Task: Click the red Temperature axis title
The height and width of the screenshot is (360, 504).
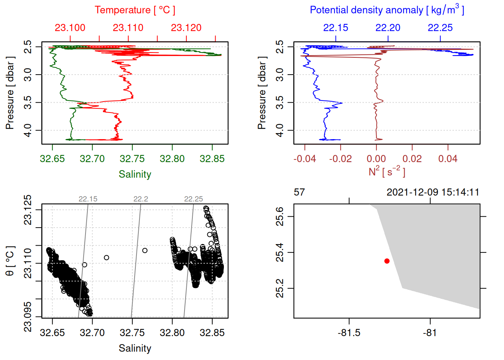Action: click(x=135, y=10)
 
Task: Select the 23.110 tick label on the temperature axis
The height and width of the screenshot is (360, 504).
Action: click(x=128, y=28)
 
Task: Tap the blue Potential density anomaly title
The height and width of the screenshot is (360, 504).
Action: click(x=387, y=10)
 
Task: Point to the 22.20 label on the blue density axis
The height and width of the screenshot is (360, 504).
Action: click(x=388, y=28)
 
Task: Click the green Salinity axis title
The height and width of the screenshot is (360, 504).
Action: click(x=135, y=174)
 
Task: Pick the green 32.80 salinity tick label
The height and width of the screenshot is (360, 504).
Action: click(x=172, y=159)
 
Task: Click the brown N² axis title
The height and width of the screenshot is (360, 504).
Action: click(x=387, y=171)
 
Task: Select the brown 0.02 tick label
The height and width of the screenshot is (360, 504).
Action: click(x=412, y=159)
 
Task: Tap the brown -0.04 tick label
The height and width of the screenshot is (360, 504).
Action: click(x=304, y=159)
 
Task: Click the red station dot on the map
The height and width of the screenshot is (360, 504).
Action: click(x=387, y=261)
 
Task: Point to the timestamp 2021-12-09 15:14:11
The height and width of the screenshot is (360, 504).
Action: click(x=433, y=192)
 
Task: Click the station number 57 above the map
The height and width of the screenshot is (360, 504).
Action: click(x=299, y=192)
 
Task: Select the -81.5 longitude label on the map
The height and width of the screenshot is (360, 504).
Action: click(x=349, y=333)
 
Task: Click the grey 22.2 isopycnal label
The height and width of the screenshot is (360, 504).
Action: click(x=141, y=199)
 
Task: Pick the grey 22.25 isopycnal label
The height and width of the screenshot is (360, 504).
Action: click(x=193, y=199)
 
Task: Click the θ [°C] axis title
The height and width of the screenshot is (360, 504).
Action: click(x=10, y=261)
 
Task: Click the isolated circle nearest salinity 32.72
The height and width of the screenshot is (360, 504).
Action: click(x=106, y=258)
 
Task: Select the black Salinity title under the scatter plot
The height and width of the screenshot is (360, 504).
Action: click(x=135, y=348)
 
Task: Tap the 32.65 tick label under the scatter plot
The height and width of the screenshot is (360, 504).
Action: click(x=52, y=333)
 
